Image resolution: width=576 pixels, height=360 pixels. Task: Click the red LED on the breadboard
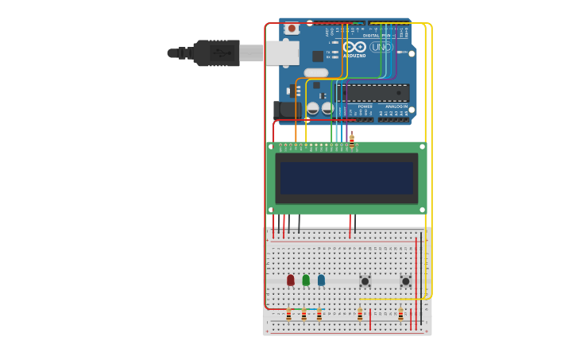pyautogui.click(x=291, y=280)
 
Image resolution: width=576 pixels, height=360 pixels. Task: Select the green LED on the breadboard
pyautogui.click(x=306, y=280)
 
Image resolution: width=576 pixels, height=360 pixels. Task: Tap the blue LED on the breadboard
pyautogui.click(x=321, y=280)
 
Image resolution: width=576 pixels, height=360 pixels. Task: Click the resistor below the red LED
pyautogui.click(x=288, y=315)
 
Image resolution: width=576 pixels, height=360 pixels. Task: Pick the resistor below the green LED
pyautogui.click(x=303, y=315)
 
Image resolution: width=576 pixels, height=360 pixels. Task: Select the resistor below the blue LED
pyautogui.click(x=319, y=315)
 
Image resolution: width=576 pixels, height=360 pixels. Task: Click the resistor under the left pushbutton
pyautogui.click(x=359, y=315)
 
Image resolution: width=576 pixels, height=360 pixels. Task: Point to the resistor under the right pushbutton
pyautogui.click(x=400, y=315)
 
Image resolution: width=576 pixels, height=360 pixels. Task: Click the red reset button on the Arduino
pyautogui.click(x=292, y=29)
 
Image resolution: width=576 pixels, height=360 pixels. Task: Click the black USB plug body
pyautogui.click(x=216, y=53)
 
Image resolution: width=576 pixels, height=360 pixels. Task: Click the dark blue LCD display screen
pyautogui.click(x=346, y=179)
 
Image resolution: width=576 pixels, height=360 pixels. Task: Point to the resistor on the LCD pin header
pyautogui.click(x=352, y=141)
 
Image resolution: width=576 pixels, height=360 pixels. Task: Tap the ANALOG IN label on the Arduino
pyautogui.click(x=396, y=106)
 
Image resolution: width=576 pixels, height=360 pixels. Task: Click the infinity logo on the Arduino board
pyautogui.click(x=354, y=47)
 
